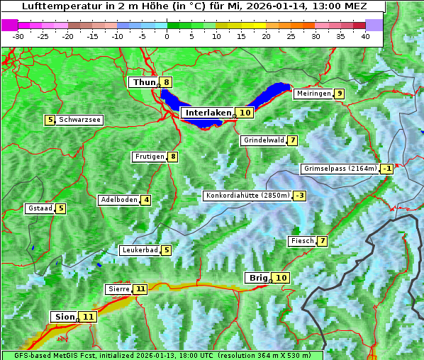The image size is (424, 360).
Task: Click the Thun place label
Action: [144, 82]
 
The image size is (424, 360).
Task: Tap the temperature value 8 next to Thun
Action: [166, 82]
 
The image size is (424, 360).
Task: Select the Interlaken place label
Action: [208, 113]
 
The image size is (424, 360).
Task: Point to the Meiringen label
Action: [313, 94]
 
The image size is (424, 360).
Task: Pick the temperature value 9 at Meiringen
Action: [340, 94]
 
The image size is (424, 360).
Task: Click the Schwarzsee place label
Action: [79, 120]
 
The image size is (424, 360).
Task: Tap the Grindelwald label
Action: [264, 140]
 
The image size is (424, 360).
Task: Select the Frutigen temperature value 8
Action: [172, 157]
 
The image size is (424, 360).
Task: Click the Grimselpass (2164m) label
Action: [340, 169]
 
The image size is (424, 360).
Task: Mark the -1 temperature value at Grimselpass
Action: [386, 169]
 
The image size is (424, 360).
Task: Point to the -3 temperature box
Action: [300, 196]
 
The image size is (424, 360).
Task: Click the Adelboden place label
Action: [118, 200]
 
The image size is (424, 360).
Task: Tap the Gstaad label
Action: [40, 208]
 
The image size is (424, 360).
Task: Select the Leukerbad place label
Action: [139, 250]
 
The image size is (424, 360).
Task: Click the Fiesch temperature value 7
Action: [322, 241]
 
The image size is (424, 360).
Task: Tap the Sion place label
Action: [63, 316]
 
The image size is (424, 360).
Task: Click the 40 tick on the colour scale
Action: [365, 35]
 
